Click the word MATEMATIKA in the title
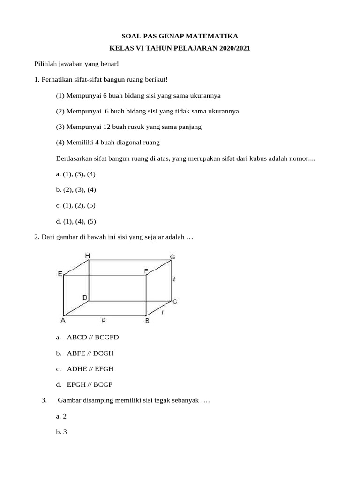[x=214, y=36]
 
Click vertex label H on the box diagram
[x=88, y=255]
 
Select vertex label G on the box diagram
[x=172, y=257]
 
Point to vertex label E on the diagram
[x=60, y=274]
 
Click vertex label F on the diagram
[x=146, y=271]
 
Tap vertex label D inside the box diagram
[x=85, y=297]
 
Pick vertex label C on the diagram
[x=175, y=301]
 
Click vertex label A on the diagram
[x=62, y=321]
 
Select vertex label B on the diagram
[x=147, y=321]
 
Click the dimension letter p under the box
[x=103, y=320]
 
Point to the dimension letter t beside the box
[x=174, y=279]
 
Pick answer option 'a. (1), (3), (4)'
[x=75, y=174]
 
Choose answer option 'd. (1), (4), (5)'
[x=75, y=221]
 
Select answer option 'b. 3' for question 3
[x=61, y=432]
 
